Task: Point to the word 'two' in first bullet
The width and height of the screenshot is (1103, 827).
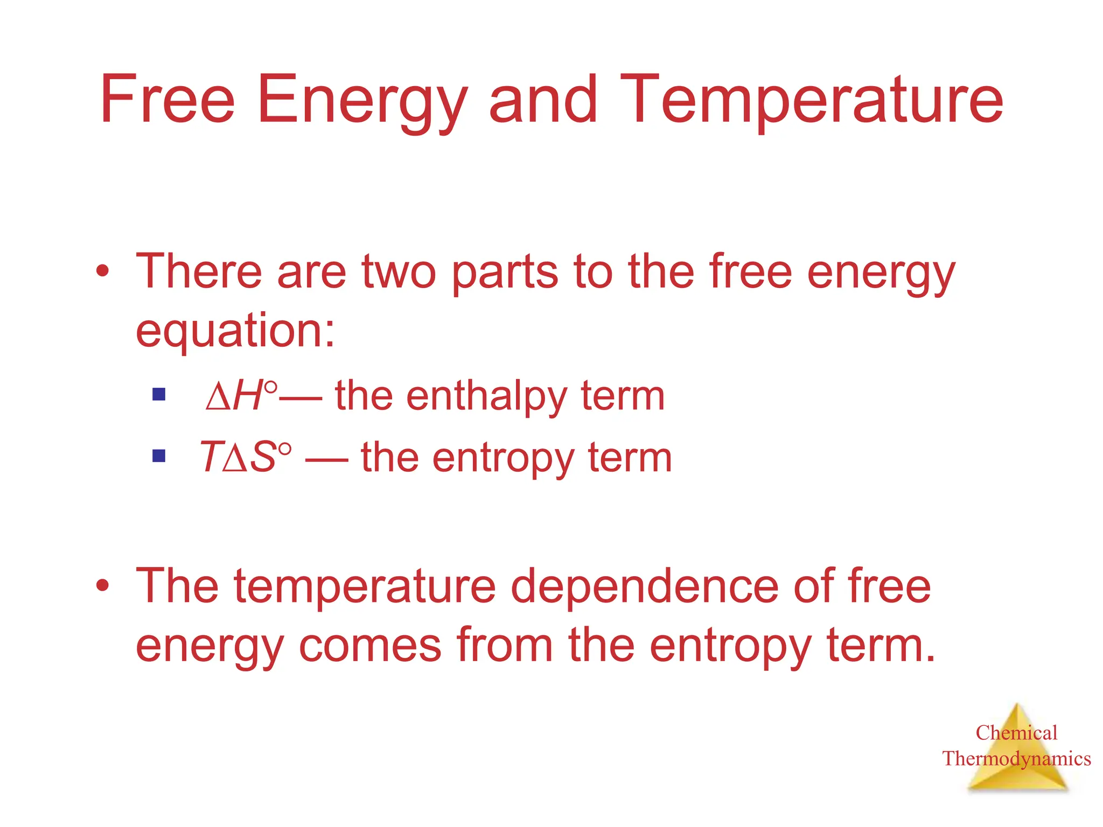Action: pyautogui.click(x=399, y=272)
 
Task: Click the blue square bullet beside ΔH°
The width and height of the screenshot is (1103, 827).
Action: pyautogui.click(x=159, y=395)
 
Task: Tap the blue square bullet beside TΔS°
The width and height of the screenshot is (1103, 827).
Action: pyautogui.click(x=159, y=457)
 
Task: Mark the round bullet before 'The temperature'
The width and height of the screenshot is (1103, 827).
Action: pyautogui.click(x=103, y=585)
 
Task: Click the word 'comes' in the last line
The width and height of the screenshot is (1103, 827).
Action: pyautogui.click(x=370, y=646)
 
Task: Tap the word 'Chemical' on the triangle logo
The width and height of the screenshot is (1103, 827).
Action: pyautogui.click(x=1016, y=733)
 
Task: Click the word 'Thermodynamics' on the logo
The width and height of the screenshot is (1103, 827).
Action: pyautogui.click(x=1016, y=759)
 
